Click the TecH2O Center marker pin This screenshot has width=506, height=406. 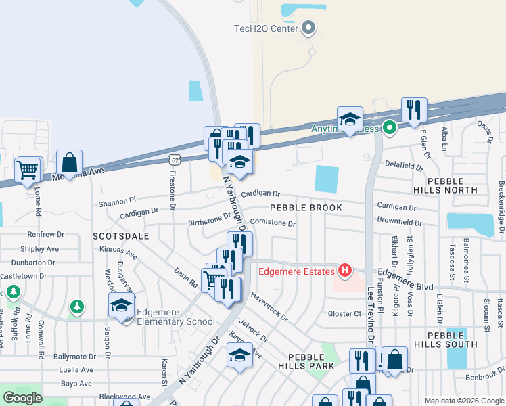[309, 28]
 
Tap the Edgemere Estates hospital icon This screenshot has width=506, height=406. [345, 271]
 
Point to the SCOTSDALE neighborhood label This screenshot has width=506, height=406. [121, 236]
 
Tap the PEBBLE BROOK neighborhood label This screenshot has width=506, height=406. [306, 208]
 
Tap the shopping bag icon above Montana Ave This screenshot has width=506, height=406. [69, 162]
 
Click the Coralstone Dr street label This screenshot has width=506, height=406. [273, 223]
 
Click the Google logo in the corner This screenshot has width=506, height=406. [23, 397]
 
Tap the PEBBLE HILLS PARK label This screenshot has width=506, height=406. [310, 361]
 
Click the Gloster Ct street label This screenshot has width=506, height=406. [344, 313]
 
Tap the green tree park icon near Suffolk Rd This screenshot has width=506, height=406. [11, 293]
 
